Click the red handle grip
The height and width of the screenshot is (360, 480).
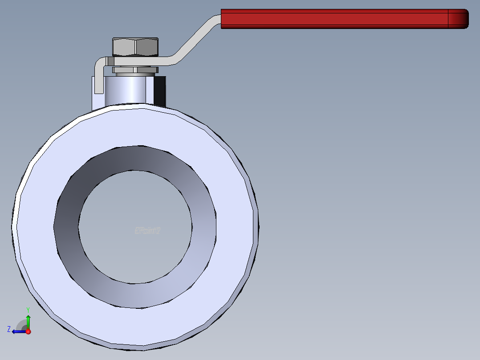tap(334, 19)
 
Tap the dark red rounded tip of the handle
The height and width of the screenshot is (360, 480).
tap(459, 19)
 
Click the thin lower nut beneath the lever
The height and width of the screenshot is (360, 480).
tap(135, 70)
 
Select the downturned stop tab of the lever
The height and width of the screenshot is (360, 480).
tap(99, 80)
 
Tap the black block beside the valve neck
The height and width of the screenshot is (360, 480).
tap(160, 91)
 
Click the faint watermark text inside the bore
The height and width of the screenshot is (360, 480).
tap(147, 230)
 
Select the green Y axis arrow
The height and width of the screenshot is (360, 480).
tap(28, 321)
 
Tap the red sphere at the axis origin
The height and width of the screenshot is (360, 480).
tap(28, 331)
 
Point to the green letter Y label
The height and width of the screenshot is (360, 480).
tap(28, 309)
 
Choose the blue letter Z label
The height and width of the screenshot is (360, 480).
tap(9, 329)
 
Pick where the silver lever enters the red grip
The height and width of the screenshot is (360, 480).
tap(221, 19)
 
